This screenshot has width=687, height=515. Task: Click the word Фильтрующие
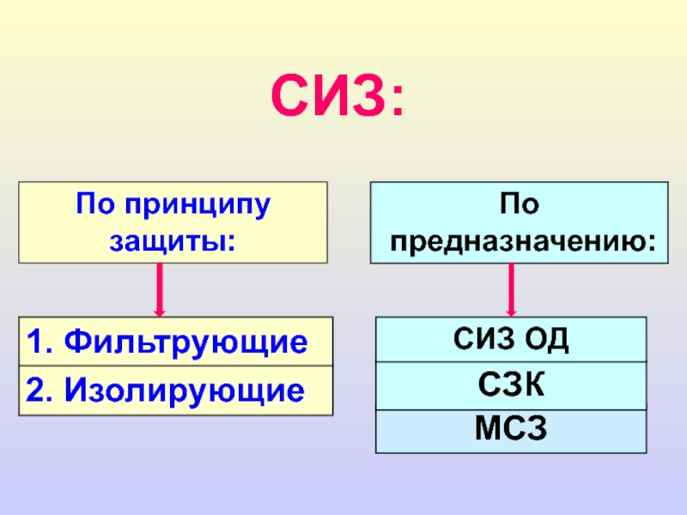click(188, 342)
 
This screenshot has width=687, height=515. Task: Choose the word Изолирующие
click(188, 391)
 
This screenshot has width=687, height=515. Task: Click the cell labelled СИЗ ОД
click(511, 339)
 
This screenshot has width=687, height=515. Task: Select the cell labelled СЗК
click(511, 385)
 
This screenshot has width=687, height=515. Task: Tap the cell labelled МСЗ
click(511, 430)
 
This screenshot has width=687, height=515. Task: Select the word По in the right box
click(520, 206)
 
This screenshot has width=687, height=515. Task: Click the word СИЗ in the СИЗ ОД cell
click(482, 339)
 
